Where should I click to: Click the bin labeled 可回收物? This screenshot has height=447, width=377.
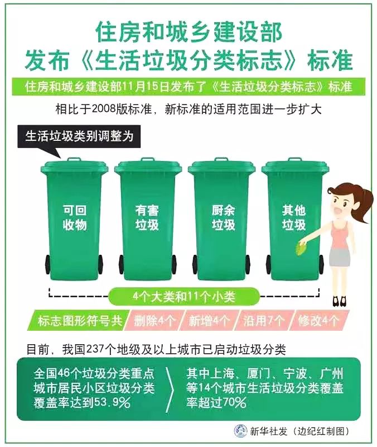click(x=74, y=220)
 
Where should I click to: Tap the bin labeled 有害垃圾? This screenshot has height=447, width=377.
click(x=148, y=220)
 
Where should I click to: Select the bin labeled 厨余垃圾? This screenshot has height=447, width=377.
click(x=222, y=220)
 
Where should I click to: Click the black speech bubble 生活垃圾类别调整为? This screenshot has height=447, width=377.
click(x=79, y=137)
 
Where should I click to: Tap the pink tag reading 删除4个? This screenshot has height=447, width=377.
click(x=154, y=320)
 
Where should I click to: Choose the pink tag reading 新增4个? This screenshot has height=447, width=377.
click(x=209, y=320)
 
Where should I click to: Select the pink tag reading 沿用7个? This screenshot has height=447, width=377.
click(x=264, y=320)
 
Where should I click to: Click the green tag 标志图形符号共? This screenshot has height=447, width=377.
click(x=79, y=320)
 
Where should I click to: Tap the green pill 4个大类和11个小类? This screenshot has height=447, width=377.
click(x=184, y=297)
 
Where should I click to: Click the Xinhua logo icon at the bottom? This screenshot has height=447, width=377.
click(x=241, y=431)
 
